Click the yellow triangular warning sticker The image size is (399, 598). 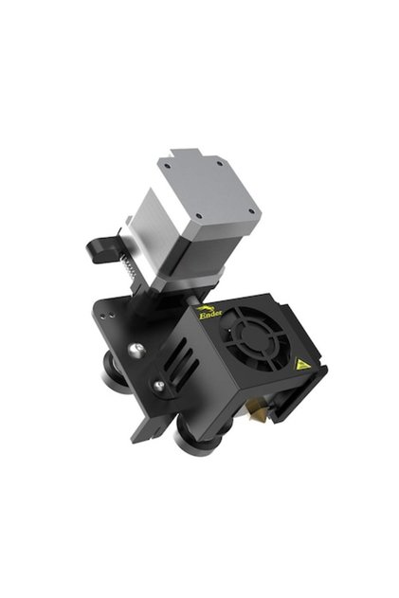pos(302,365)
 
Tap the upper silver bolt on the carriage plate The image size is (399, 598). pos(136,350)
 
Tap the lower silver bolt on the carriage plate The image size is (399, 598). pos(160,386)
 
